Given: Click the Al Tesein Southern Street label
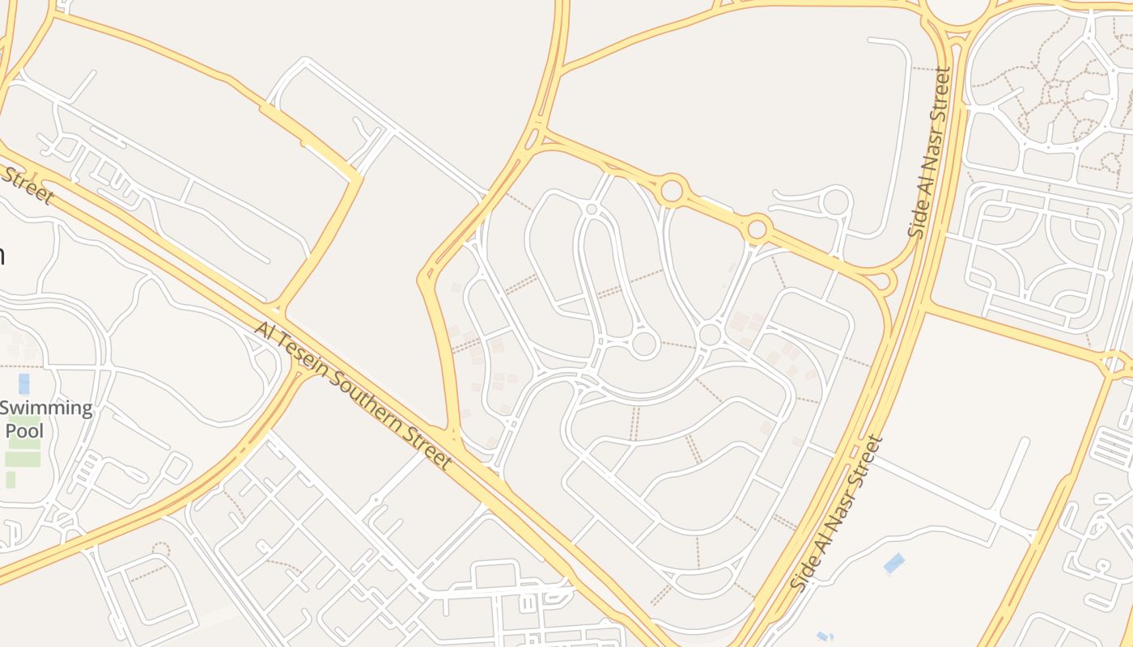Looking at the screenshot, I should point(353,395).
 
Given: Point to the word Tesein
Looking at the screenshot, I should point(308,360).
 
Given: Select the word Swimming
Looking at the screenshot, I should point(47,408).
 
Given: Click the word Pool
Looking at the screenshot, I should point(24,430).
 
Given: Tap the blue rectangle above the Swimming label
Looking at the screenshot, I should point(24,383).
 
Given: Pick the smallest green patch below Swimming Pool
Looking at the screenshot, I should point(11,480).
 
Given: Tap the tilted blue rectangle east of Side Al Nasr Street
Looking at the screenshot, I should point(894,563).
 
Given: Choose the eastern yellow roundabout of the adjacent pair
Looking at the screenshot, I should point(757,229).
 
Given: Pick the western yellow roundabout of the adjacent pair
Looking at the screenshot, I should point(672,192).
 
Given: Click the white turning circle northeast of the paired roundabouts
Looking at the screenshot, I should point(836,201).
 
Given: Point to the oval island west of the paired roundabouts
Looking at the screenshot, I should point(592,209).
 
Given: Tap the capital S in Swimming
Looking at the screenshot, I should point(6,408).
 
